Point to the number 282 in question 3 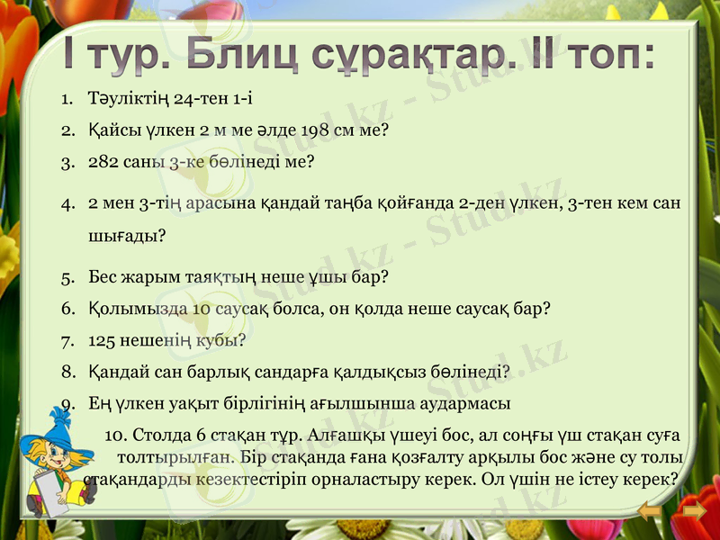coord(104,163)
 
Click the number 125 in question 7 coord(103,341)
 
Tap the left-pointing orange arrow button coord(650,513)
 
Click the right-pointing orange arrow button coord(693,513)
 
